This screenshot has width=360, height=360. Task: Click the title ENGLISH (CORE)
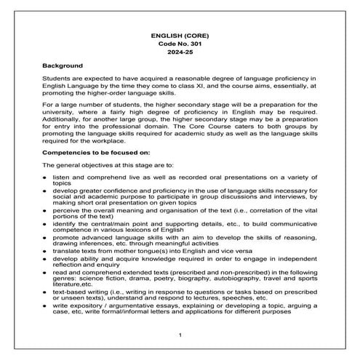[x=180, y=34]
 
